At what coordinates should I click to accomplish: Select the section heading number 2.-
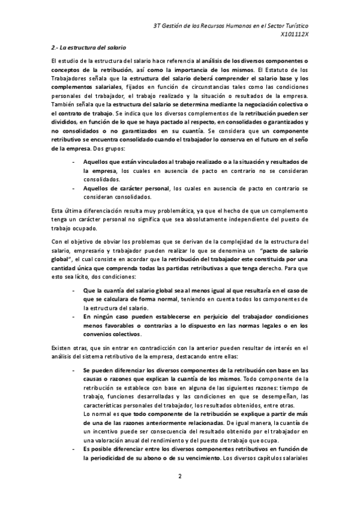tap(55, 47)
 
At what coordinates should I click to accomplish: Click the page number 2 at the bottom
tap(179, 477)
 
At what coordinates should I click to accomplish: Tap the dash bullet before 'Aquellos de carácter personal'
tap(73, 188)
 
